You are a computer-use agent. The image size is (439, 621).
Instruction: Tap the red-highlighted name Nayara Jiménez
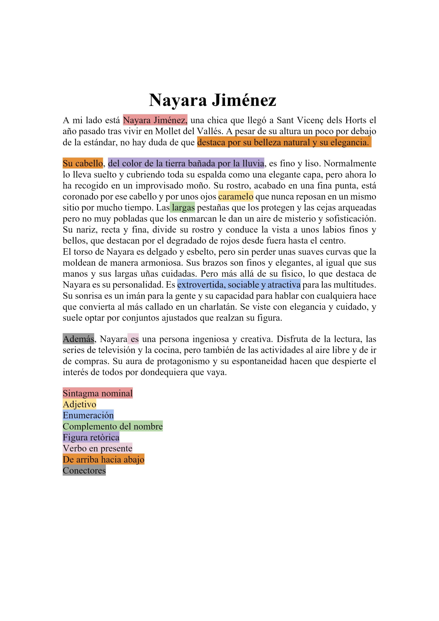tap(155, 120)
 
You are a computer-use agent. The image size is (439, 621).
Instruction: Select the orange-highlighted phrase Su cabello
tap(83, 163)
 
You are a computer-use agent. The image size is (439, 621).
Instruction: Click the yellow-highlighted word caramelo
tap(236, 196)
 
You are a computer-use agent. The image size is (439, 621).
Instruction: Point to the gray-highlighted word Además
tap(78, 339)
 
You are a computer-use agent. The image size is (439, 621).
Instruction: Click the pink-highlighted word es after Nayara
tap(134, 339)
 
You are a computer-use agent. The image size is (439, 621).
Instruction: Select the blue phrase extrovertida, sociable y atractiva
tap(239, 285)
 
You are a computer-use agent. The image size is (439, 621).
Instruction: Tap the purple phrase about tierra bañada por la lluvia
tap(186, 163)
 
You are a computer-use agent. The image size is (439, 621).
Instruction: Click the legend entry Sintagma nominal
tap(98, 393)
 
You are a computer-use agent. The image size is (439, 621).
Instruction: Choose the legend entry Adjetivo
tap(80, 404)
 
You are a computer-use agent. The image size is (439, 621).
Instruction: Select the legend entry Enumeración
tap(88, 415)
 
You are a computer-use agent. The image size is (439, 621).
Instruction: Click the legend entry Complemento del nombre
tap(113, 426)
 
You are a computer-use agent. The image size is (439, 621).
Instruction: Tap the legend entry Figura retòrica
tap(91, 437)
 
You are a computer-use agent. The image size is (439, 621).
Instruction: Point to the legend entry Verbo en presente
tap(97, 449)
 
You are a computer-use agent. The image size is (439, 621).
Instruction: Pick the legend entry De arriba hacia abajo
tap(103, 459)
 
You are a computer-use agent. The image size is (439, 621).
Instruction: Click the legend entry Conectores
tap(84, 471)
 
